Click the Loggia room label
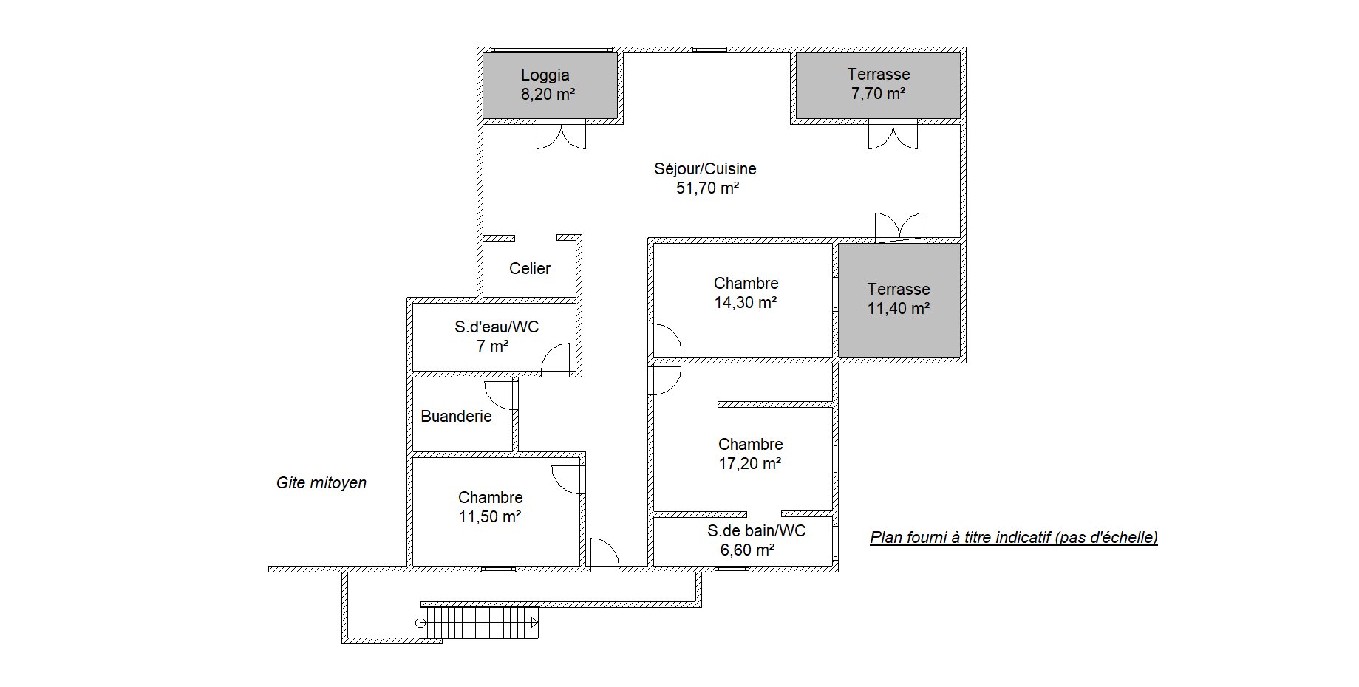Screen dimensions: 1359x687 click(545, 75)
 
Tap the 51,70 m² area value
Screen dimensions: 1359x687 click(707, 188)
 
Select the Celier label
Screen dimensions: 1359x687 click(530, 268)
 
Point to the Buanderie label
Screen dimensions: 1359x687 click(456, 416)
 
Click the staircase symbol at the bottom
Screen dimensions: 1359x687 click(479, 623)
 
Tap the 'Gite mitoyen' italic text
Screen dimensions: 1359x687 click(321, 482)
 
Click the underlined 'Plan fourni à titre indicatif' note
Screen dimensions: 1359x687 click(1014, 537)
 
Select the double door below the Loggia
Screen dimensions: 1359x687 click(561, 137)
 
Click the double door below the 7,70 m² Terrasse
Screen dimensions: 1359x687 click(893, 137)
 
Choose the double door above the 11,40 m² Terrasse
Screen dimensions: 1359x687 click(899, 227)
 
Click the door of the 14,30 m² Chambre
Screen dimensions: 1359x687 click(665, 338)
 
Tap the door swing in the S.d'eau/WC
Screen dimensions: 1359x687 click(556, 358)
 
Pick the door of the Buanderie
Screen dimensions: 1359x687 click(500, 395)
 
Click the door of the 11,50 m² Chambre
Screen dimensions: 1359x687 click(568, 480)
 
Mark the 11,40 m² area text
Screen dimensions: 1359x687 click(899, 308)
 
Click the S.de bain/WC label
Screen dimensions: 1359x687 click(756, 530)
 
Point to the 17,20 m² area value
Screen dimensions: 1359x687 click(750, 463)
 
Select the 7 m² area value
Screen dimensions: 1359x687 click(493, 346)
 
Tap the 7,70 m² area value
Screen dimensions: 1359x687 click(878, 93)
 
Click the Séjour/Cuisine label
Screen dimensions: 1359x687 click(705, 168)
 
